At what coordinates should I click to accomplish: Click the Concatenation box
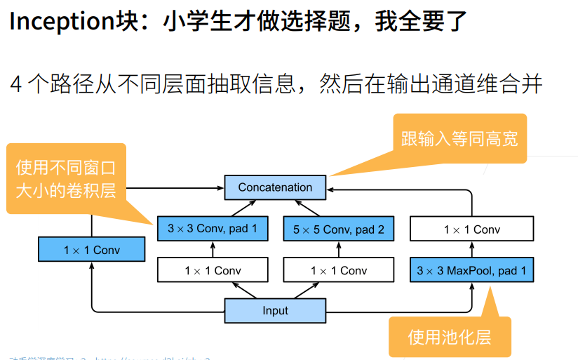pyautogui.click(x=275, y=187)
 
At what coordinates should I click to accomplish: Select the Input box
pyautogui.click(x=275, y=310)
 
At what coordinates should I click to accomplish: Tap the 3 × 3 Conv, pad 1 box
pyautogui.click(x=213, y=229)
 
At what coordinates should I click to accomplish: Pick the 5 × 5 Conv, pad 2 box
pyautogui.click(x=339, y=229)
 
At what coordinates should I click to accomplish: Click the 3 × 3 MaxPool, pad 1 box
pyautogui.click(x=471, y=270)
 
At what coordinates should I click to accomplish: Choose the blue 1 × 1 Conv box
pyautogui.click(x=91, y=250)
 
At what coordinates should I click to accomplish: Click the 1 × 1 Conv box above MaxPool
pyautogui.click(x=471, y=229)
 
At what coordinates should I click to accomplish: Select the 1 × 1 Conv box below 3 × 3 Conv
pyautogui.click(x=213, y=270)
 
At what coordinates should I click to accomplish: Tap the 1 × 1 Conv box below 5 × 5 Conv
pyautogui.click(x=339, y=270)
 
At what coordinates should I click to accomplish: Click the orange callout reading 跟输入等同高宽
pyautogui.click(x=459, y=138)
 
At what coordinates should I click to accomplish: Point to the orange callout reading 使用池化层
pyautogui.click(x=450, y=337)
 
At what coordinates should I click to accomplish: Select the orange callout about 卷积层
pyautogui.click(x=66, y=179)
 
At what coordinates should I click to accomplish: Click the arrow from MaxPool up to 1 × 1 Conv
pyautogui.click(x=471, y=250)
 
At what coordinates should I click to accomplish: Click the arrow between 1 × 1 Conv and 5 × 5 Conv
pyautogui.click(x=339, y=250)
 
